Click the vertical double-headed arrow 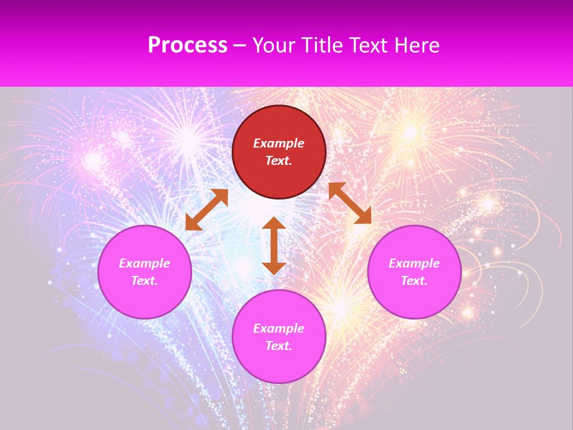[274, 245]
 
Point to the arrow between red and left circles [207, 209]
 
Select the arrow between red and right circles [350, 203]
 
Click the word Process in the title [187, 45]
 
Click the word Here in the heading [417, 45]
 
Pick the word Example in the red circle [279, 143]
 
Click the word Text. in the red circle [279, 161]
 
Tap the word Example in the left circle [144, 263]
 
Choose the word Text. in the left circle [144, 281]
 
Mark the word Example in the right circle [414, 263]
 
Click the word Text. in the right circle [414, 281]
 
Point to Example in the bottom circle [279, 328]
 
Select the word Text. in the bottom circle [279, 346]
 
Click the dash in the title [240, 46]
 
